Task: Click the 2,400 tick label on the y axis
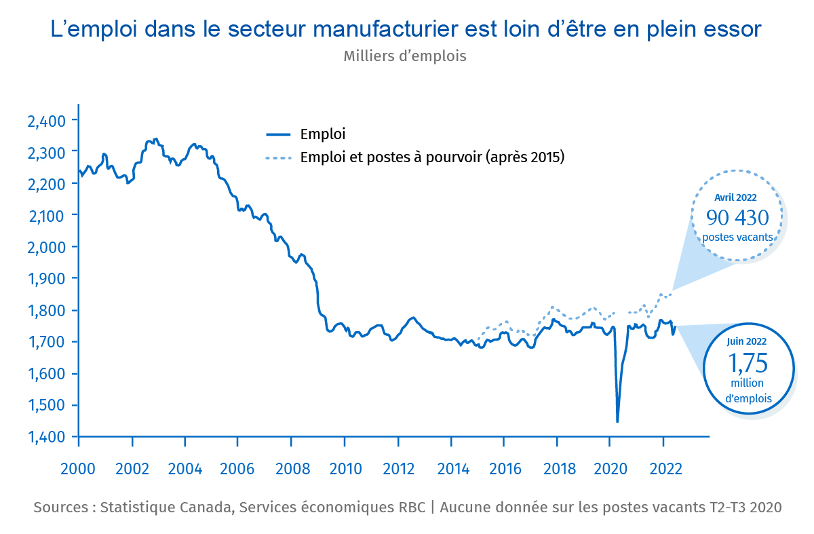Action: pyautogui.click(x=45, y=121)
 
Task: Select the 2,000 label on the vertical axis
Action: pyautogui.click(x=45, y=248)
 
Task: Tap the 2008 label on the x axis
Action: pyautogui.click(x=291, y=469)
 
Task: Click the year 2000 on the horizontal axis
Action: pyautogui.click(x=79, y=469)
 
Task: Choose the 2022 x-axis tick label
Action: pyautogui.click(x=665, y=469)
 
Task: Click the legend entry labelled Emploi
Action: pyautogui.click(x=323, y=134)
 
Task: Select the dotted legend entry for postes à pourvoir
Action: pyautogui.click(x=432, y=157)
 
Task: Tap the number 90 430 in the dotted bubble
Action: pyautogui.click(x=737, y=218)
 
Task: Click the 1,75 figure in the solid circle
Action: pyautogui.click(x=748, y=364)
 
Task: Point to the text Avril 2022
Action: pyautogui.click(x=736, y=198)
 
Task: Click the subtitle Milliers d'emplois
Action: pyautogui.click(x=405, y=56)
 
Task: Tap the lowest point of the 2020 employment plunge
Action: pyautogui.click(x=617, y=421)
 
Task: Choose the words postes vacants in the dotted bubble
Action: pyautogui.click(x=737, y=237)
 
